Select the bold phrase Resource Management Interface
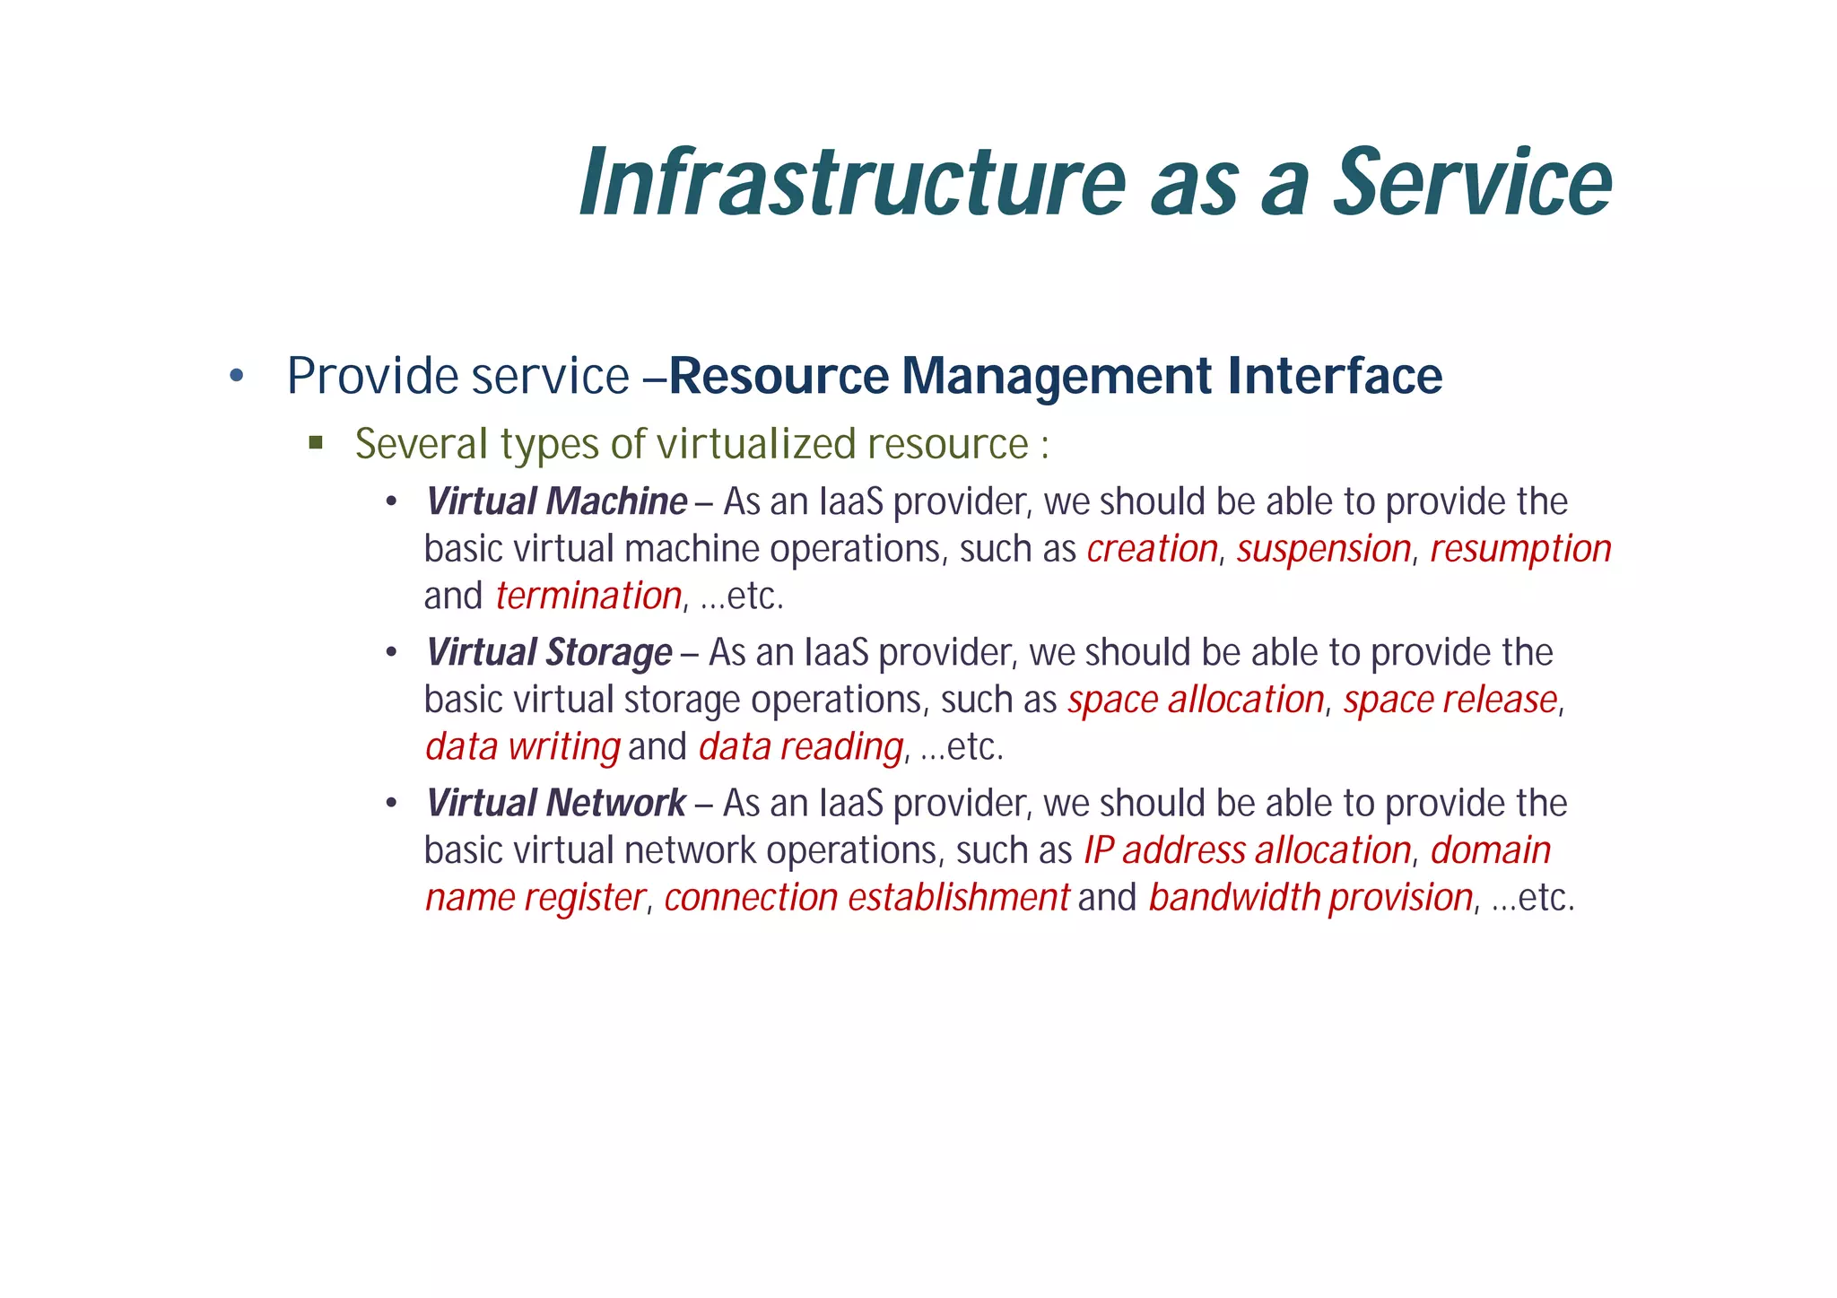click(1055, 375)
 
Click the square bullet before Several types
click(315, 442)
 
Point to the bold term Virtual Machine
click(556, 501)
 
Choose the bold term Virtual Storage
click(549, 652)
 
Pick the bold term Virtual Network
click(556, 803)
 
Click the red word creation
click(1152, 549)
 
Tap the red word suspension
click(1324, 549)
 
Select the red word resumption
click(1520, 549)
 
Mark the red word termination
click(588, 596)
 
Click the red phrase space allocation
click(1196, 700)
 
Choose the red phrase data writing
click(523, 746)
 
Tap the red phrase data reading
click(800, 746)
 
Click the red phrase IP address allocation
click(1247, 850)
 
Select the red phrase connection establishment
click(866, 897)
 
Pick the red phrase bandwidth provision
click(1310, 897)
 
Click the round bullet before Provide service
click(236, 375)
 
